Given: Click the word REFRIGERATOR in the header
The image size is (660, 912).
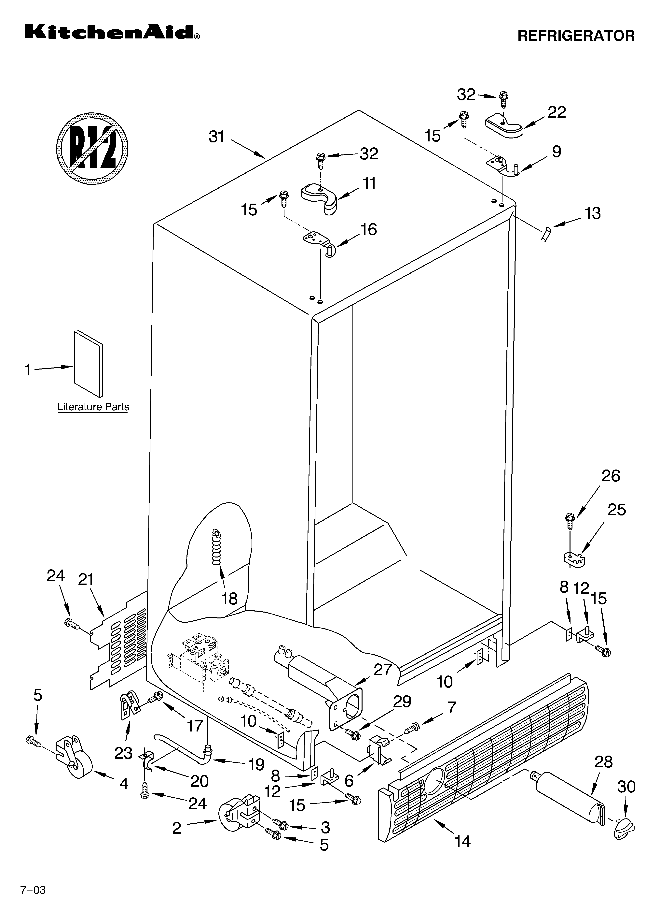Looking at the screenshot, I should (x=576, y=36).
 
